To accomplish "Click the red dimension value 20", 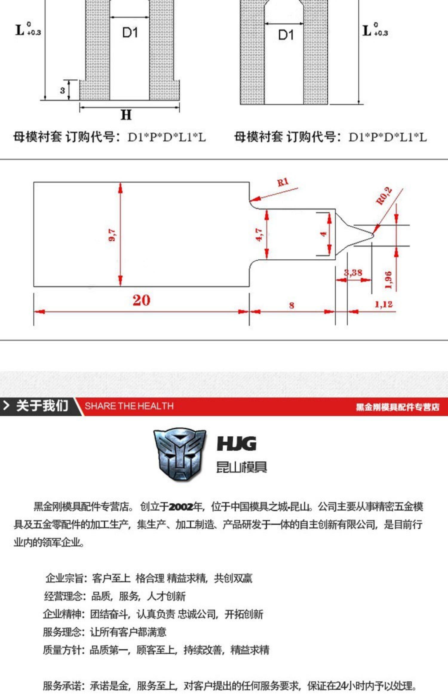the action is coord(141,300).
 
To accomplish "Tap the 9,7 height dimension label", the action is coord(112,235).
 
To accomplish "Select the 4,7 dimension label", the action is coord(259,235).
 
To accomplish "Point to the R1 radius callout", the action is coord(283,182).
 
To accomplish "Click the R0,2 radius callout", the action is coord(384,196).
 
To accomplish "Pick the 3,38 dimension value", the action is coord(353,273).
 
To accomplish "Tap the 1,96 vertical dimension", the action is coord(388,280).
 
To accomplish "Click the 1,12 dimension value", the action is coord(383,304).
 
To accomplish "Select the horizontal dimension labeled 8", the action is coord(291,305).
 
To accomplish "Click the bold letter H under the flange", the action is coord(126,115).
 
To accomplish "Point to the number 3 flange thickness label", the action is coord(62,90).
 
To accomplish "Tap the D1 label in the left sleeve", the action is coord(130,33).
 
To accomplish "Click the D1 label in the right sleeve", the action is coord(286,35).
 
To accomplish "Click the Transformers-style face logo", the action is coord(179,454).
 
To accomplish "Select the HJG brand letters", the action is coord(237,444).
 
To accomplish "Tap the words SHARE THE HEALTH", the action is coord(129,406).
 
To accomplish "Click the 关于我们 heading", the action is coord(42,406).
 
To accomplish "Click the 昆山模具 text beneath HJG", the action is coord(241,467).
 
